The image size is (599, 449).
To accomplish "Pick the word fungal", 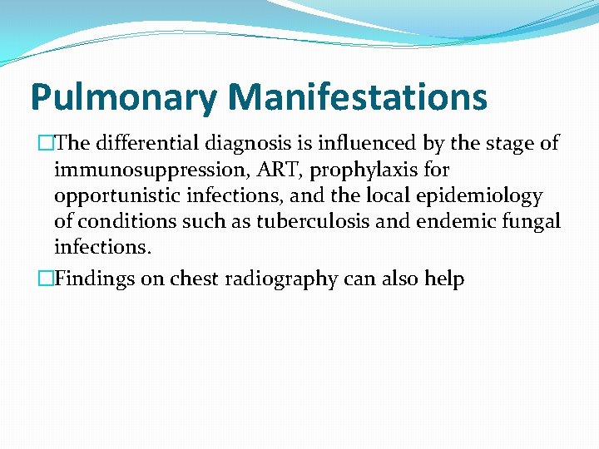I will [x=531, y=223].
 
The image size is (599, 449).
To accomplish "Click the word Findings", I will [x=94, y=279].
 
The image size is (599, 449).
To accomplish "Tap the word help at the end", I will [x=443, y=279].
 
